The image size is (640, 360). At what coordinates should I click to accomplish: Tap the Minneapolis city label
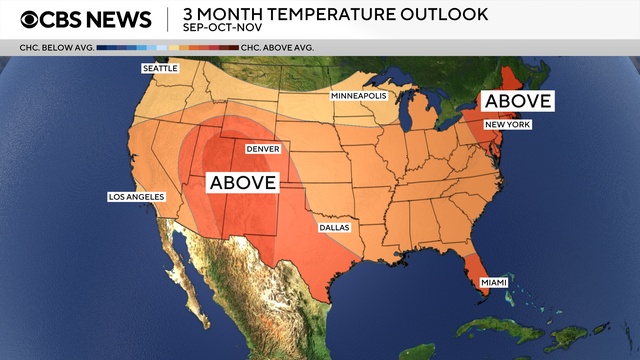tap(359, 96)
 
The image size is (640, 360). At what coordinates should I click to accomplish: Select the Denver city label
tap(262, 149)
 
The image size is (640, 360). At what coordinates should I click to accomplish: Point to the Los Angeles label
tap(135, 197)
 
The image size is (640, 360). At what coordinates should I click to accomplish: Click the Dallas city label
tap(334, 227)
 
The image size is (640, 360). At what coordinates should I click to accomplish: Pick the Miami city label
tap(494, 283)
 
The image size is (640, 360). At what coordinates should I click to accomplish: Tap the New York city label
tap(507, 125)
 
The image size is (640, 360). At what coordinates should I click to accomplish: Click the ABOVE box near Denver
tap(242, 182)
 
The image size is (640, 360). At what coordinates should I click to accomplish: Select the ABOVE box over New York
tap(517, 101)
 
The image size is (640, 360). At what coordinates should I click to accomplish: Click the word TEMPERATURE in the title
tap(332, 14)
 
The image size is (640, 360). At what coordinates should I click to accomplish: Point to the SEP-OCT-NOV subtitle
tap(221, 29)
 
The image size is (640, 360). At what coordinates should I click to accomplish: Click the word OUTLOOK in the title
tap(443, 14)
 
